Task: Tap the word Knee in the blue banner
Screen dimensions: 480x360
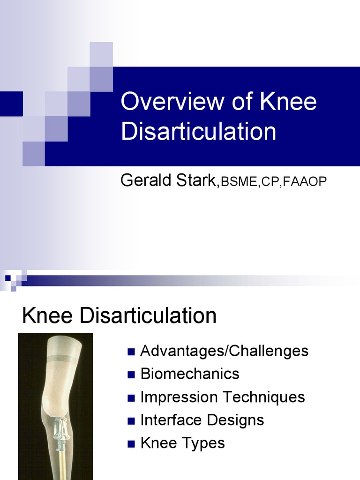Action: click(x=289, y=102)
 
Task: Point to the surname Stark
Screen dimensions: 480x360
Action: click(x=193, y=180)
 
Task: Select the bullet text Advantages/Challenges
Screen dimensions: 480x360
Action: click(x=224, y=351)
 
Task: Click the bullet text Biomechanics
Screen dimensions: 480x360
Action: click(x=190, y=374)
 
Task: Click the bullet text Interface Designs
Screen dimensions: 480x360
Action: click(x=202, y=420)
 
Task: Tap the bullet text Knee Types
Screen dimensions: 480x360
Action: click(x=182, y=443)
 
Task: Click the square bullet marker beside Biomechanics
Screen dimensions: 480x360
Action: click(x=131, y=375)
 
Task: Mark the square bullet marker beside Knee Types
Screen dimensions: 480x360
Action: click(x=131, y=443)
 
